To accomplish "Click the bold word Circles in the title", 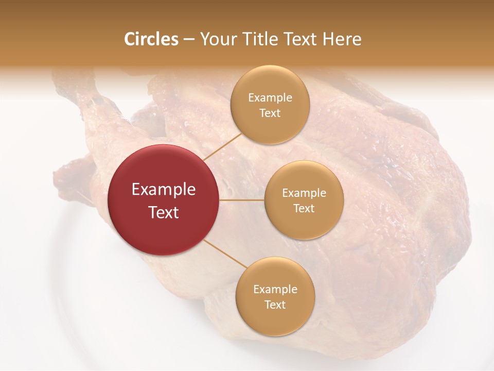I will (x=151, y=39).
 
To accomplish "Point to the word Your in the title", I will (x=217, y=39).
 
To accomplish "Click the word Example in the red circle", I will (x=163, y=190).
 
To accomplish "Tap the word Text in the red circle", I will (x=163, y=212).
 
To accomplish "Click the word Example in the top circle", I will (x=270, y=98).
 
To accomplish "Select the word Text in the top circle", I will (x=270, y=113).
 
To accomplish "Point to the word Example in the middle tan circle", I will (x=304, y=193).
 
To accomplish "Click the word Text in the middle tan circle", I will (x=304, y=208).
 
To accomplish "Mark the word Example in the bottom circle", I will (x=275, y=290).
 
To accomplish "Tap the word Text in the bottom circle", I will (x=275, y=305).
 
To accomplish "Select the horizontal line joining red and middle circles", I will (x=242, y=200).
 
